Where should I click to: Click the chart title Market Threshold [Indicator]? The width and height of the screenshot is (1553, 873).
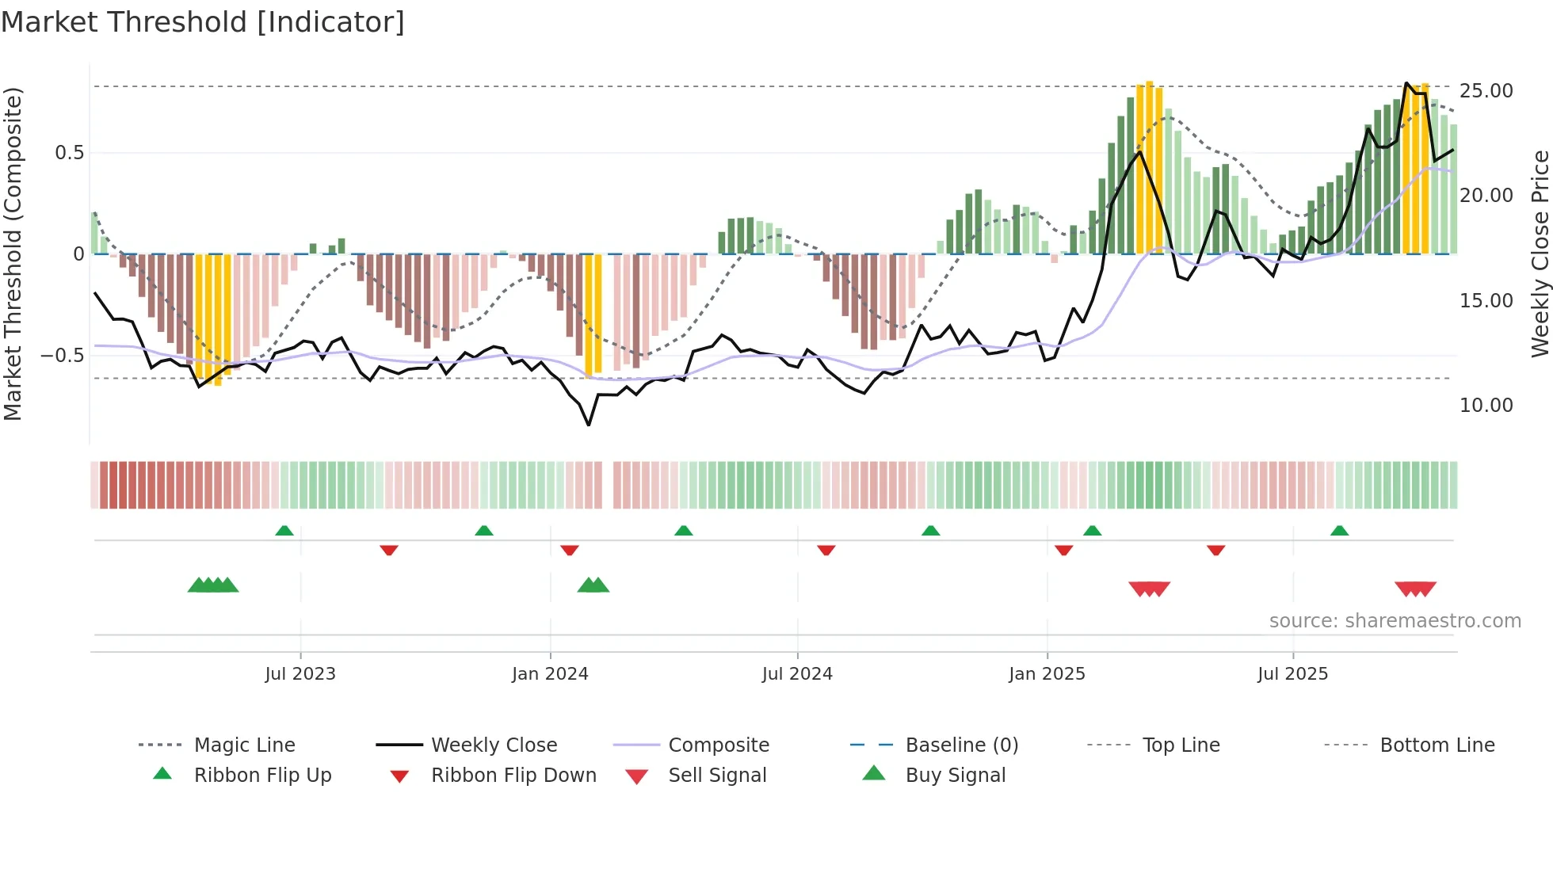tap(203, 22)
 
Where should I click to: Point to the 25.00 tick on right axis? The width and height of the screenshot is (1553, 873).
tap(1486, 91)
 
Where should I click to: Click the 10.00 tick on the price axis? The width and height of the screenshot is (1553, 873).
tap(1486, 406)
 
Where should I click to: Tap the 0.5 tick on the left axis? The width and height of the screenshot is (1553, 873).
tap(69, 153)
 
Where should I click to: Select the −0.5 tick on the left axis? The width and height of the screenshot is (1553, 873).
tap(63, 356)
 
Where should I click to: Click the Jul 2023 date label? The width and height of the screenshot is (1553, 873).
tap(300, 674)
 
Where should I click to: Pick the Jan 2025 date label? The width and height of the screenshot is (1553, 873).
tap(1047, 674)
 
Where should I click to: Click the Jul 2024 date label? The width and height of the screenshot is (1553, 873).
tap(797, 674)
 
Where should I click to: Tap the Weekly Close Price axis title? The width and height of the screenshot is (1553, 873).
tap(1540, 254)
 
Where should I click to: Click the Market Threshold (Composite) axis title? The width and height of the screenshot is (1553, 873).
tap(13, 254)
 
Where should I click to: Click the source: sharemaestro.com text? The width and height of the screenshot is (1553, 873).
tap(1395, 621)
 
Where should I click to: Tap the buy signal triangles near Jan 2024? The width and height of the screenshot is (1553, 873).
tap(593, 585)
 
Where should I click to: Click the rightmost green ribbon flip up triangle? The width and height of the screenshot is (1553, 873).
tap(1339, 531)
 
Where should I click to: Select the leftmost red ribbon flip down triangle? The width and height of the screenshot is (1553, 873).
tap(388, 550)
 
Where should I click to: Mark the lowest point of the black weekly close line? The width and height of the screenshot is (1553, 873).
tap(589, 425)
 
